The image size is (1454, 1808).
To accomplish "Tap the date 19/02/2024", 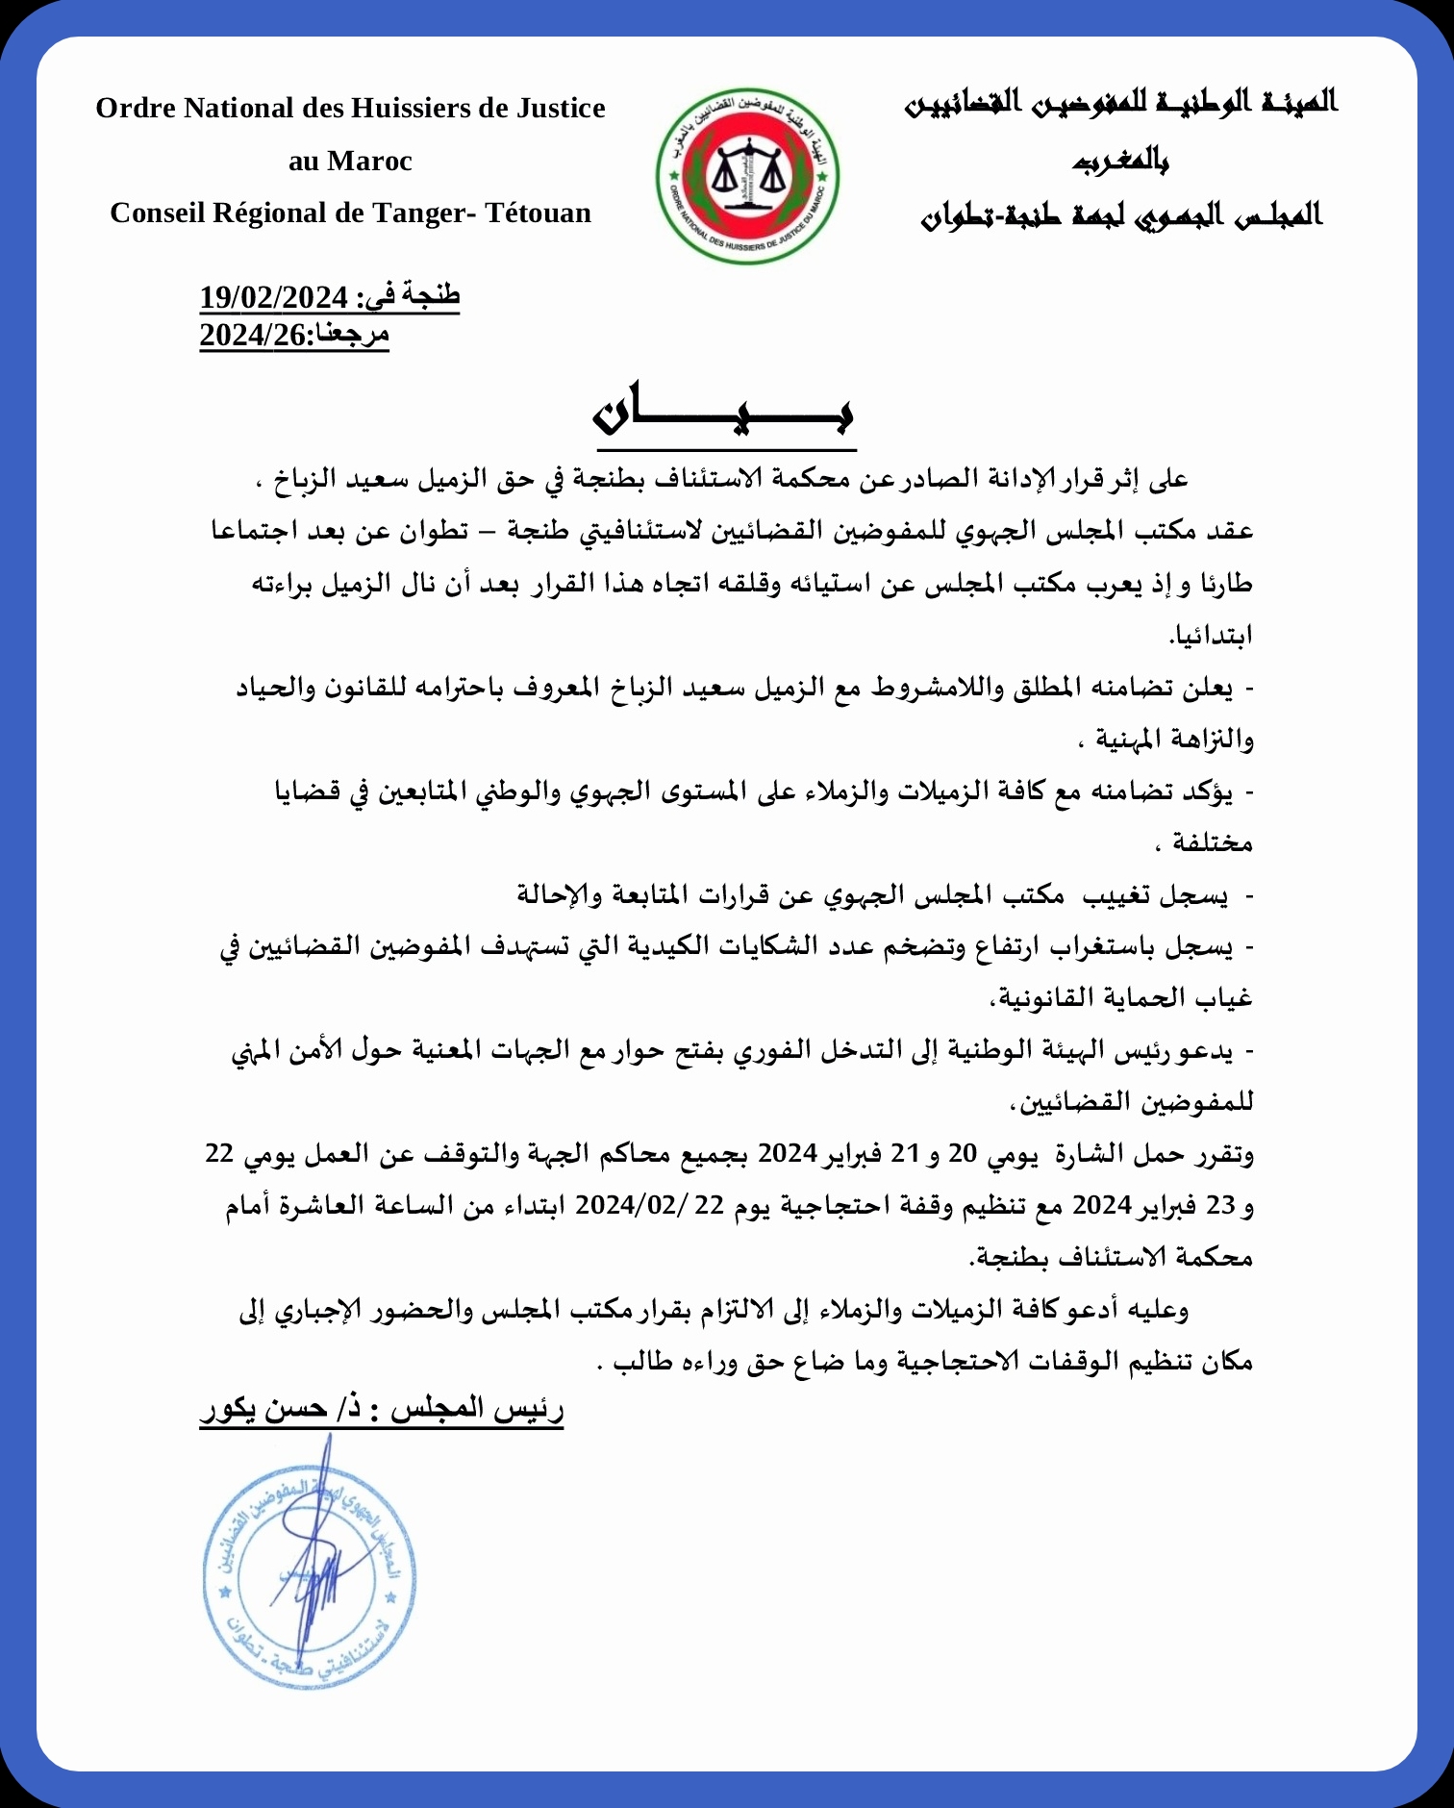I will click(x=272, y=297).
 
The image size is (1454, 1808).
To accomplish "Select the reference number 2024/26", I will click(x=252, y=336).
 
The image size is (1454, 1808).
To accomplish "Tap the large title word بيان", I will click(x=724, y=415).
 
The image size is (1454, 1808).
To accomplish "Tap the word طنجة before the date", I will click(x=433, y=295).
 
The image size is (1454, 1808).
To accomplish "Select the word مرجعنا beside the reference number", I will click(x=352, y=335).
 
